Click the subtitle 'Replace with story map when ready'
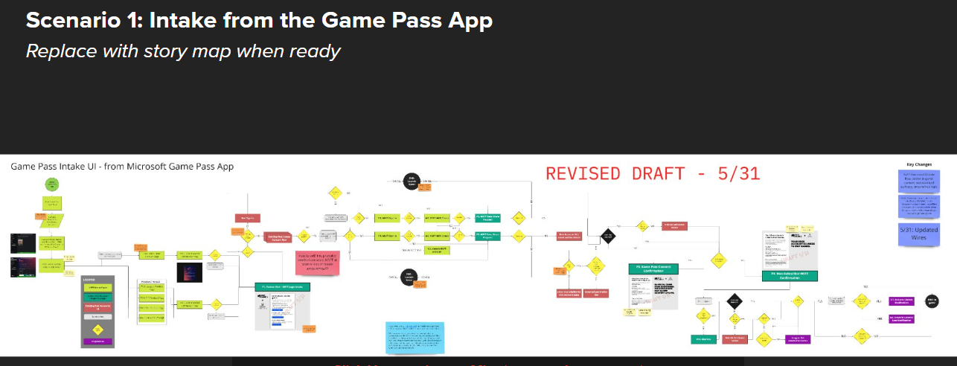click(183, 51)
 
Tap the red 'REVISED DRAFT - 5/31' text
click(652, 174)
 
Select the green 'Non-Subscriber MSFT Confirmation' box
click(790, 276)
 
